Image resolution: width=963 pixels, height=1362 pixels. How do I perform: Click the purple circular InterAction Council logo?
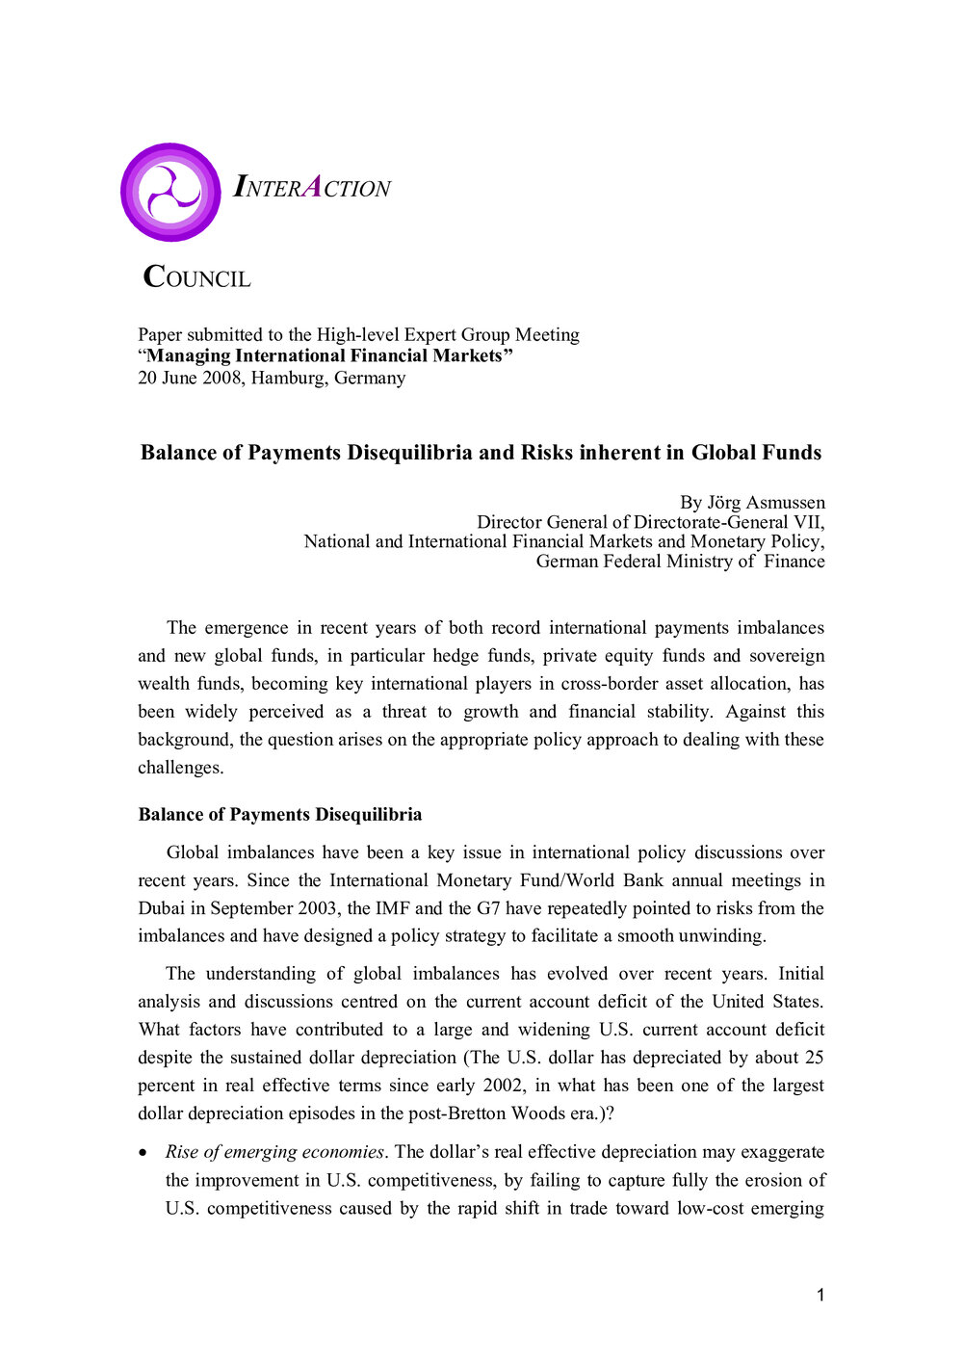[x=170, y=193]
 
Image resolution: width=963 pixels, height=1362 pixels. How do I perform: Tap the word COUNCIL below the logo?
[x=196, y=277]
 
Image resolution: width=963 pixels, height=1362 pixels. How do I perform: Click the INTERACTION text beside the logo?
[x=312, y=187]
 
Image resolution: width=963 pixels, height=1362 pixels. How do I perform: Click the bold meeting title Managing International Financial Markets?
[x=325, y=355]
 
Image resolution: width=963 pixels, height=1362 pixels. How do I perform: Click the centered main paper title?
[x=481, y=453]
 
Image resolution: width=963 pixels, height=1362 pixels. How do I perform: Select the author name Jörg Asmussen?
[x=766, y=502]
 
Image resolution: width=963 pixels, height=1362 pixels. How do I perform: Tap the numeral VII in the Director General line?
[x=807, y=522]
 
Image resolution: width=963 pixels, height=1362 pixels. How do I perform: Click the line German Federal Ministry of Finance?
[x=680, y=562]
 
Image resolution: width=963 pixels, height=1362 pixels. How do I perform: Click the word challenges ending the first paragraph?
[x=180, y=768]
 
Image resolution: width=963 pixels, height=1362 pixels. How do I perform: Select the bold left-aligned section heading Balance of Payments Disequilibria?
[x=280, y=815]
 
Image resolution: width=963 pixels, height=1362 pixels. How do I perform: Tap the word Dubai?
[x=161, y=908]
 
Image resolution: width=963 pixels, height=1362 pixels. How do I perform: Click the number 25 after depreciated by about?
[x=814, y=1058]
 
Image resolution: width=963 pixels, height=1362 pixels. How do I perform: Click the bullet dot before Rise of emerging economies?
[x=143, y=1153]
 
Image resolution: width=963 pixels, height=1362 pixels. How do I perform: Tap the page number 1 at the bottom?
[x=820, y=1296]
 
